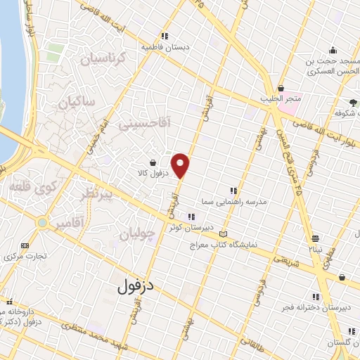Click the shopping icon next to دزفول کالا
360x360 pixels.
[x=153, y=162]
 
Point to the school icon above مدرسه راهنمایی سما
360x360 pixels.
[x=233, y=191]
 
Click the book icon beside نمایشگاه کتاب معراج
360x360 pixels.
[x=224, y=234]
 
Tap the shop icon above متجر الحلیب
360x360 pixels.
[x=281, y=89]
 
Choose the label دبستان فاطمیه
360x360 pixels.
[x=166, y=46]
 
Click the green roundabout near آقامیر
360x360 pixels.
[x=44, y=224]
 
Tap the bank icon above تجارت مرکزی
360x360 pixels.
[x=26, y=245]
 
